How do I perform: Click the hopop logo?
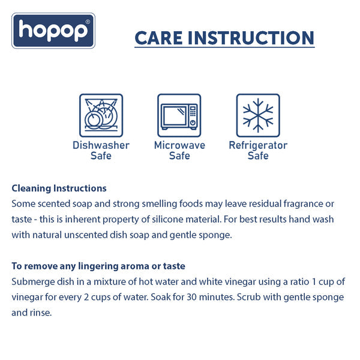53,31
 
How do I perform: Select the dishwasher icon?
101,115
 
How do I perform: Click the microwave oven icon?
179,115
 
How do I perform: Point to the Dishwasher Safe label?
101,151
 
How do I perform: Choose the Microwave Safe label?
179,151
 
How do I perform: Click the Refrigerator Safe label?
258,151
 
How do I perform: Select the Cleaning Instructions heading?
59,188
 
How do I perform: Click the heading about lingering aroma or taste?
98,266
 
